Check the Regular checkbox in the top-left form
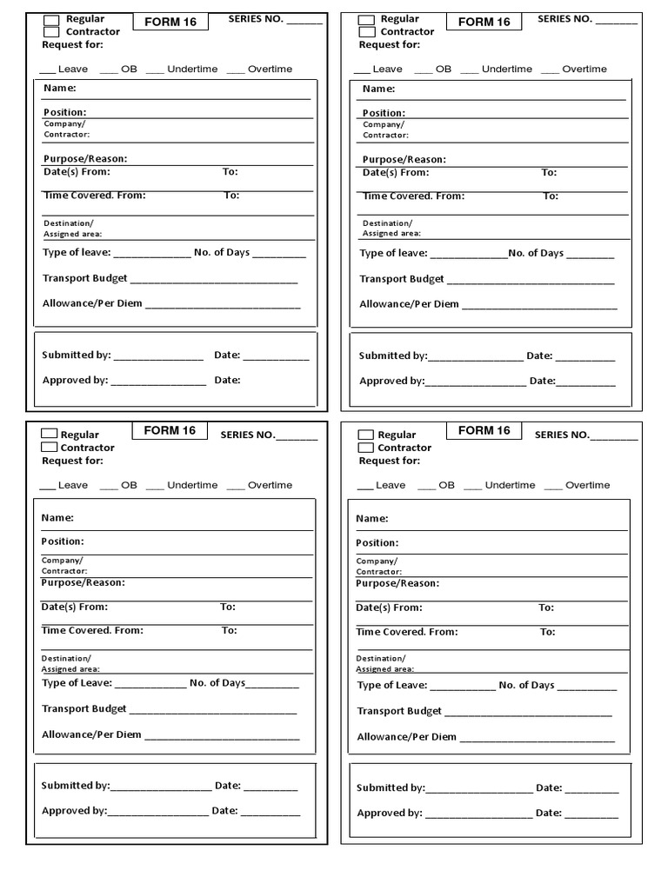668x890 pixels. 51,19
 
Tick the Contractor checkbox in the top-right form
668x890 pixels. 367,32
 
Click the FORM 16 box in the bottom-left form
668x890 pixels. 170,431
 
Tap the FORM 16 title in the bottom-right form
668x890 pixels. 484,430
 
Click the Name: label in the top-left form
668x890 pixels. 59,88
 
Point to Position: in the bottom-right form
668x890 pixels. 377,542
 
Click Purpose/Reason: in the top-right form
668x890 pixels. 404,159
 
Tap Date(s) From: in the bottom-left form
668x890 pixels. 75,607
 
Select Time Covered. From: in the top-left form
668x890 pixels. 95,196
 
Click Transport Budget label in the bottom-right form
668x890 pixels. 400,711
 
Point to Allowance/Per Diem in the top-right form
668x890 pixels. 409,304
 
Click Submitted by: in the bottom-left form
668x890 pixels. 76,785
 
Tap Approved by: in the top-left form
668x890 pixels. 75,380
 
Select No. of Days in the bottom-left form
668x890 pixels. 217,683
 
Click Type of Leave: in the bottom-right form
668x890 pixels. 392,685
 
